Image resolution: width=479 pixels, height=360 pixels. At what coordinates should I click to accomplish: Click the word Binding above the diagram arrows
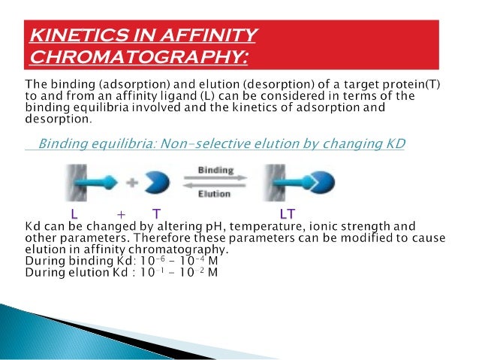215,171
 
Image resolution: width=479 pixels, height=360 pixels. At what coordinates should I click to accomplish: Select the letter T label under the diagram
156,213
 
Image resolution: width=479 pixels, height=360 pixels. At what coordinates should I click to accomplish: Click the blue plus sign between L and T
119,213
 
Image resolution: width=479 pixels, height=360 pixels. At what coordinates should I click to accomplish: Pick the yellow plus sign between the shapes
134,181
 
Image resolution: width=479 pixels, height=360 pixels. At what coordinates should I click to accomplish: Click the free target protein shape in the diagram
159,182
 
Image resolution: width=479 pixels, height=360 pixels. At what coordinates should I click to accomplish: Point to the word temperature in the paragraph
273,225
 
